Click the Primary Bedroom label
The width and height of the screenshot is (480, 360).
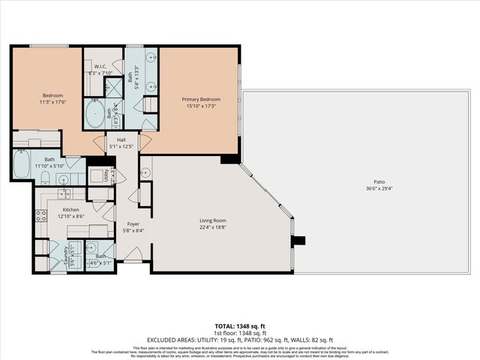click(x=200, y=98)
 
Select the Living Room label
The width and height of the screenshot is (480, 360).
click(x=212, y=220)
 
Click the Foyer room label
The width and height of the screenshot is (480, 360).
click(x=133, y=223)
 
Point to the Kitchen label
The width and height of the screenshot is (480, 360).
click(x=70, y=210)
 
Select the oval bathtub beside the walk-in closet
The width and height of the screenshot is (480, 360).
click(x=96, y=114)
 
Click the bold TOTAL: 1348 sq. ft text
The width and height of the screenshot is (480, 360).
click(x=240, y=326)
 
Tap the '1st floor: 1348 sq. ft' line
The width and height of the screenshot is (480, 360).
click(x=240, y=333)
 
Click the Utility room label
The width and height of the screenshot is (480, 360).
click(x=113, y=177)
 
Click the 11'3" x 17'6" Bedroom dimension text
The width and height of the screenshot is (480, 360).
click(x=52, y=103)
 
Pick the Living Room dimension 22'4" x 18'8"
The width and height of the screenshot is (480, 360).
click(x=212, y=227)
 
